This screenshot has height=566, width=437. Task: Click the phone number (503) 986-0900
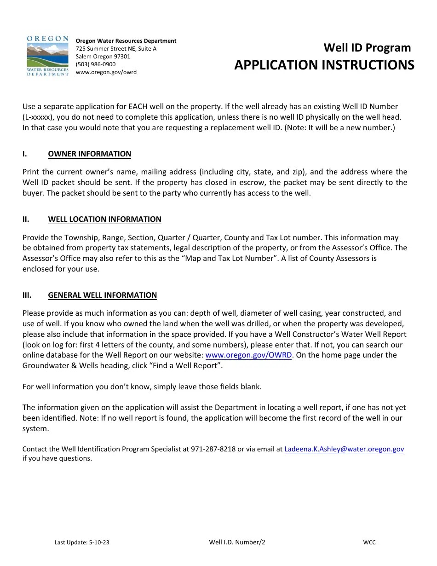coord(96,64)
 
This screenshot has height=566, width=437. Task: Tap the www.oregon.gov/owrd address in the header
coord(106,72)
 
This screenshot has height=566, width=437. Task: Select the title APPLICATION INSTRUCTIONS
coord(324,65)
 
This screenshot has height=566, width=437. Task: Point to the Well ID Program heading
coord(367,48)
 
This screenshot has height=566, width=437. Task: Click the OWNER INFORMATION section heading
coord(89,154)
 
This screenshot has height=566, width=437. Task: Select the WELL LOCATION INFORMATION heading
coord(104,219)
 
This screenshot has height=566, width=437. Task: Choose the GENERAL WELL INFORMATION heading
coord(102,295)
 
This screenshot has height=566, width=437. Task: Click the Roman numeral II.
coord(26,219)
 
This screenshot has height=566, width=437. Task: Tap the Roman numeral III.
coord(27,295)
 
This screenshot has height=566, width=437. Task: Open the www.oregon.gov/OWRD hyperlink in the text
coord(248,355)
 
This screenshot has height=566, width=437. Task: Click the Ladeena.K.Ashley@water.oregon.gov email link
coord(344,449)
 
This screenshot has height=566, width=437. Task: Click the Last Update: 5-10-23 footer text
coord(82,543)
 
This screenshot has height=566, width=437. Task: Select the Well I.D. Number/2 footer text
coord(237,543)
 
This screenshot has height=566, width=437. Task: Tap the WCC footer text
coord(369,543)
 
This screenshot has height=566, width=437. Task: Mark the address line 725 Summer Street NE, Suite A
coord(116,49)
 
